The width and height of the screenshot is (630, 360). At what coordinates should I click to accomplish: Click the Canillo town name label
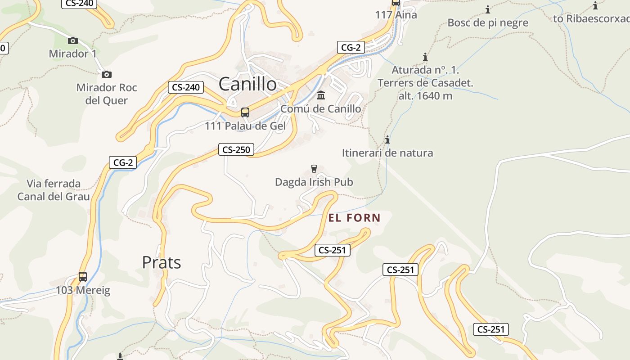pyautogui.click(x=247, y=84)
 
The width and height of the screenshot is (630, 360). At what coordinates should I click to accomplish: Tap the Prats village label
pyautogui.click(x=162, y=262)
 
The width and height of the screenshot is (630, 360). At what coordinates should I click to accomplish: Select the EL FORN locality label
pyautogui.click(x=355, y=218)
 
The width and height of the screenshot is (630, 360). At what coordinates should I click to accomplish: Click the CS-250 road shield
pyautogui.click(x=236, y=150)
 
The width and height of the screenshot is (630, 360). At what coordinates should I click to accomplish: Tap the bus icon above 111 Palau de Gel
pyautogui.click(x=245, y=112)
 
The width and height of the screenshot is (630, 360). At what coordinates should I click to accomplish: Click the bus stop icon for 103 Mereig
pyautogui.click(x=83, y=276)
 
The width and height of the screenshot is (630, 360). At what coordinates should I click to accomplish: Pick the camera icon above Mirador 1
pyautogui.click(x=73, y=41)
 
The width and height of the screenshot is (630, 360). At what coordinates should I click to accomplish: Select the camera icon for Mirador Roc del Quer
pyautogui.click(x=107, y=74)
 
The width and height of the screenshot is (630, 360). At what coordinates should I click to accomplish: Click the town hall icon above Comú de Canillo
pyautogui.click(x=321, y=95)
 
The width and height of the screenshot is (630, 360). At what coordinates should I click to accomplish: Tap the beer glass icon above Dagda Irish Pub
pyautogui.click(x=314, y=169)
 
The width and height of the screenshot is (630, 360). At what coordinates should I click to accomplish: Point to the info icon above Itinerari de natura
pyautogui.click(x=387, y=139)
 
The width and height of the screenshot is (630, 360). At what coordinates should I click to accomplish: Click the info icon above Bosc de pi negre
pyautogui.click(x=488, y=9)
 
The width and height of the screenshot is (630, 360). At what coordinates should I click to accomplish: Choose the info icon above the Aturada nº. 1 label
pyautogui.click(x=425, y=57)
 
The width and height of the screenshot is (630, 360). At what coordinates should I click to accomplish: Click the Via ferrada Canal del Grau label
pyautogui.click(x=54, y=190)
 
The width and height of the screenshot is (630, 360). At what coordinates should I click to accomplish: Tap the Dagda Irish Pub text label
pyautogui.click(x=314, y=182)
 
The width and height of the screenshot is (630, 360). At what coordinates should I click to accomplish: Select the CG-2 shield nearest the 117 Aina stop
pyautogui.click(x=351, y=47)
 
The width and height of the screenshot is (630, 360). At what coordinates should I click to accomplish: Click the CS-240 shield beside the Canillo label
pyautogui.click(x=186, y=87)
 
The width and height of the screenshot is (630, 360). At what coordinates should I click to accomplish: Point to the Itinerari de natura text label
pyautogui.click(x=387, y=153)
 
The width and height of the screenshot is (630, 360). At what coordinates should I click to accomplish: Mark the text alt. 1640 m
pyautogui.click(x=425, y=96)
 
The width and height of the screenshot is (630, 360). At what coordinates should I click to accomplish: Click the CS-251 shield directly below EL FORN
pyautogui.click(x=332, y=250)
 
